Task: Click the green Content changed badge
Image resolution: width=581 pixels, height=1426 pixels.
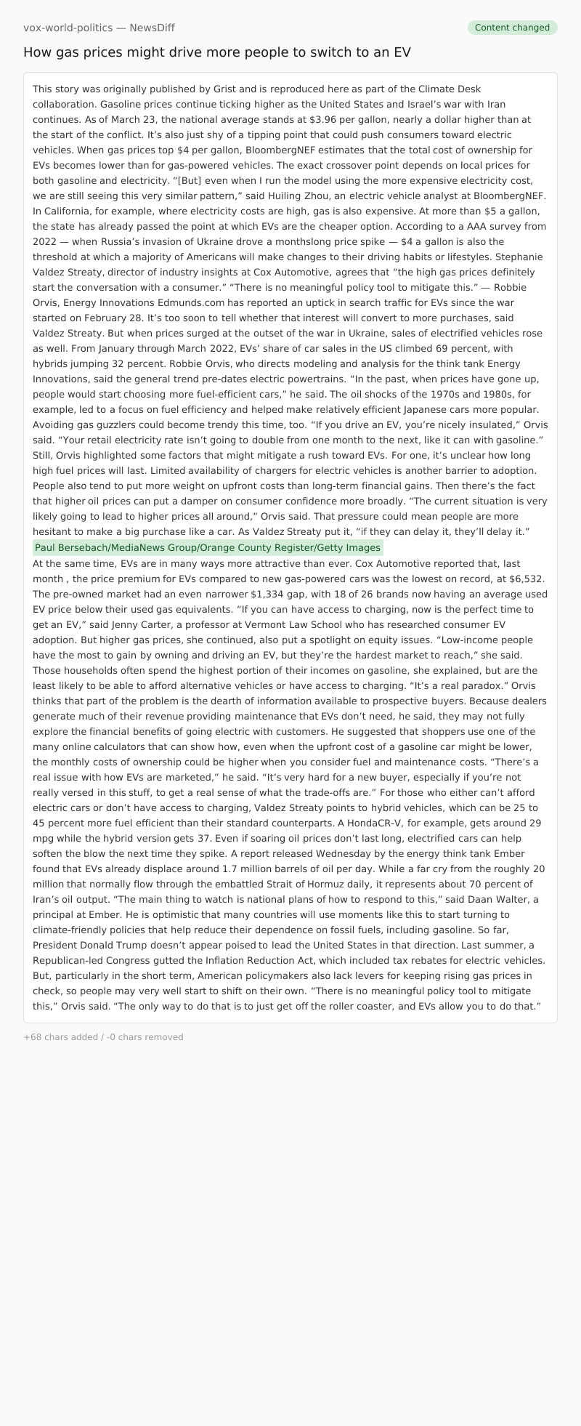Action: [512, 28]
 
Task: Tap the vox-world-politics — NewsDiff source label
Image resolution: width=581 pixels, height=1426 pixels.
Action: [99, 28]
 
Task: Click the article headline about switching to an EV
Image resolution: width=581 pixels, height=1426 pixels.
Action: [217, 52]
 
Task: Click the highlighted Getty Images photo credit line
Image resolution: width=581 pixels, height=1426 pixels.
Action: [208, 547]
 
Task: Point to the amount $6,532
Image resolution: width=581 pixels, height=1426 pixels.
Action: [524, 579]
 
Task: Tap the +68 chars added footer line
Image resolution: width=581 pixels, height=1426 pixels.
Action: [103, 1037]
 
